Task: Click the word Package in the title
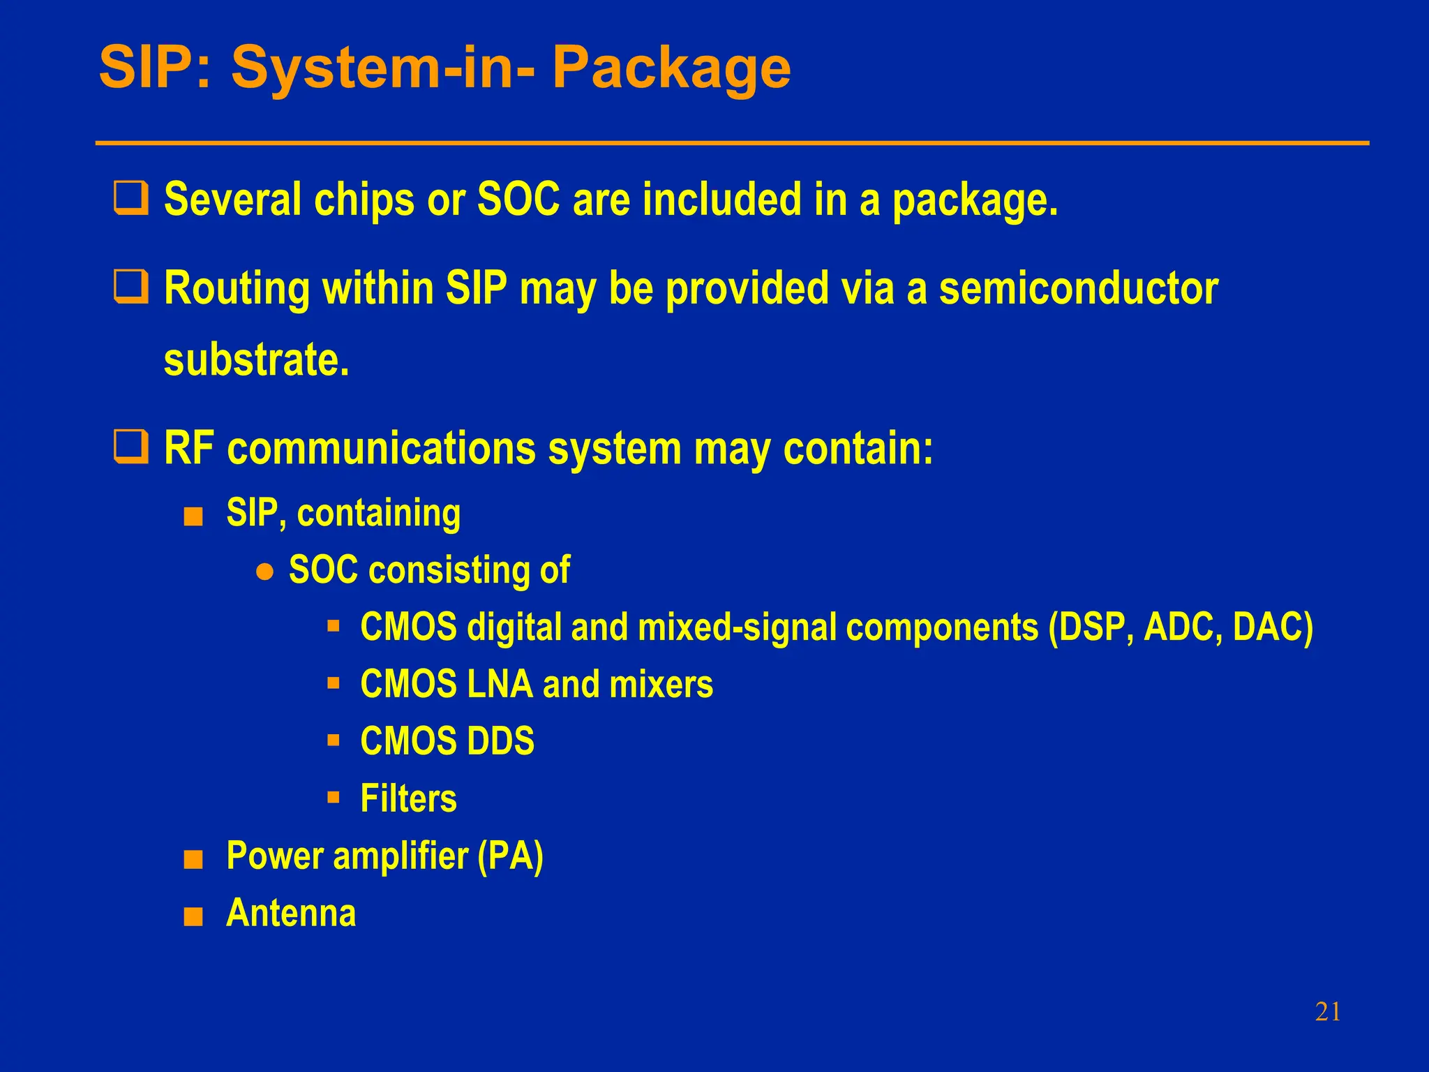click(x=671, y=68)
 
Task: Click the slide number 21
click(x=1327, y=1012)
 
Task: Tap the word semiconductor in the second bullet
click(x=1078, y=288)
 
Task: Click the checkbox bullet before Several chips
click(x=131, y=198)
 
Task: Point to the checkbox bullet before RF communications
click(x=131, y=447)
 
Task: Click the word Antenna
click(x=291, y=912)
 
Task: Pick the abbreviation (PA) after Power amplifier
click(x=510, y=856)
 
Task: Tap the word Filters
click(x=408, y=798)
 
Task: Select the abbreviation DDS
click(x=500, y=741)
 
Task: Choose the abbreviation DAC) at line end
click(x=1272, y=627)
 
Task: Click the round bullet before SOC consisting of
click(x=264, y=572)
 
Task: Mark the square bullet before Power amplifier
click(x=193, y=860)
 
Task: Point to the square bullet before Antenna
click(x=193, y=916)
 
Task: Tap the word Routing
click(x=237, y=288)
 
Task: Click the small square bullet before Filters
click(x=334, y=796)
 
